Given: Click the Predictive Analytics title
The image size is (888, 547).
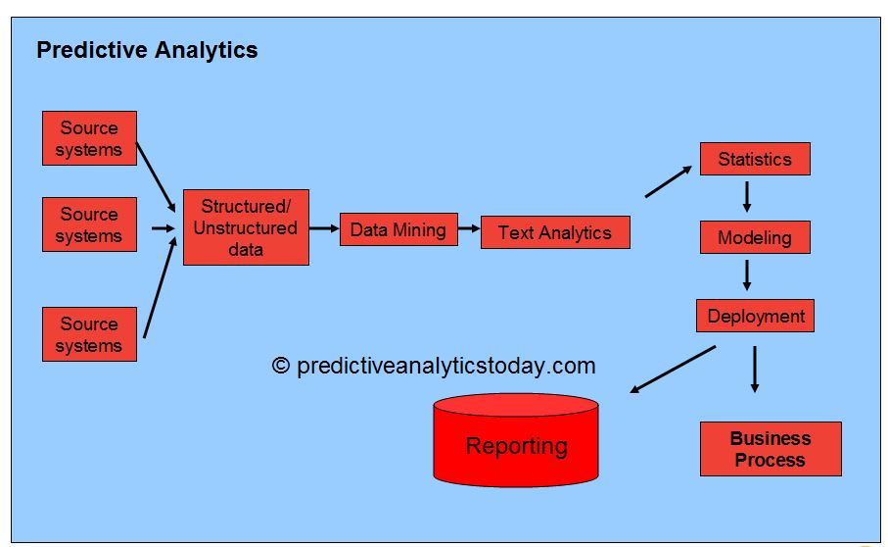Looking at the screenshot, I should coord(147,50).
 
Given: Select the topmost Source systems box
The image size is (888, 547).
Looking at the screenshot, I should coord(89,138).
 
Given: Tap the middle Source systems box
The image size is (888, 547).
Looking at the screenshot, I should coord(89,224).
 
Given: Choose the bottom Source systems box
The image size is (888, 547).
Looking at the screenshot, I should coord(89,334).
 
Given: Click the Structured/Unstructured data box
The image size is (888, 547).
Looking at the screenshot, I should coord(246,227).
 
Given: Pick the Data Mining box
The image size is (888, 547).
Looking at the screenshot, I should coord(398,229).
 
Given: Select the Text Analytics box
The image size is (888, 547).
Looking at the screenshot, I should coord(555,232).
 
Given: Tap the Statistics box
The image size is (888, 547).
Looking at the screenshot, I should coord(755,159).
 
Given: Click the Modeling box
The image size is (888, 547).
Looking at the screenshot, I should coord(755,237).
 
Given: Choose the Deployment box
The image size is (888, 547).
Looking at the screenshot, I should coord(755,316).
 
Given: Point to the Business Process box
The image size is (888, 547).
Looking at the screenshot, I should coord(771,449).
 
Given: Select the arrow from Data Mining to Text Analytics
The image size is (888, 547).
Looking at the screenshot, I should coord(469,229).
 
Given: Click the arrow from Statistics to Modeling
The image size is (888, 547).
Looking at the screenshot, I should coord(747,197).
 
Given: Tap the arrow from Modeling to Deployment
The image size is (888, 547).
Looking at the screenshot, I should coord(747,274).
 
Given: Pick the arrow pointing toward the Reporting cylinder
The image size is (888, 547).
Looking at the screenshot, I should coord(673,369).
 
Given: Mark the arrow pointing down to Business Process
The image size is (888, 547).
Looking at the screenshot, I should coord(754,370).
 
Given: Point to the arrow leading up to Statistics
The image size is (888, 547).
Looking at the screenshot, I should coord(669,182).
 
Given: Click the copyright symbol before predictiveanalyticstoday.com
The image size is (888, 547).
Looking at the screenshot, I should coord(281,366).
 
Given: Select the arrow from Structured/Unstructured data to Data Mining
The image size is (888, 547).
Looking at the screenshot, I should coord(324,228).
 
